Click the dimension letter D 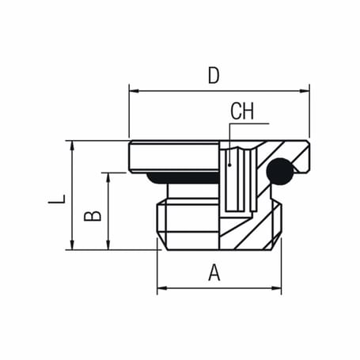213,75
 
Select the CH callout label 242,111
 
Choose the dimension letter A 214,273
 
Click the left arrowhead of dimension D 132,90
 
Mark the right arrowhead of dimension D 305,90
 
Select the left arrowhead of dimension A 161,290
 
